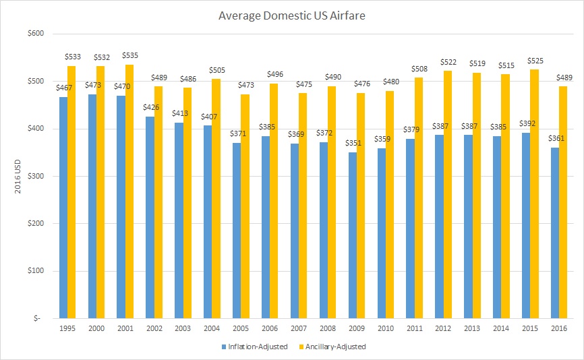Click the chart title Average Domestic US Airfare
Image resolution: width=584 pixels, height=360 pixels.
tap(292, 14)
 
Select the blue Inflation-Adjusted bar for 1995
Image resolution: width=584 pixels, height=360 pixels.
tap(63, 207)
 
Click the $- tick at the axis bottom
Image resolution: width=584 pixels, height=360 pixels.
tap(38, 318)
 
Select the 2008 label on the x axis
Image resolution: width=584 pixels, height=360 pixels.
tap(328, 329)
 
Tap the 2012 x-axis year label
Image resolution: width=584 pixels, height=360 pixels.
tap(443, 329)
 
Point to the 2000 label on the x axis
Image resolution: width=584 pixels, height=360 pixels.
tap(96, 329)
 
